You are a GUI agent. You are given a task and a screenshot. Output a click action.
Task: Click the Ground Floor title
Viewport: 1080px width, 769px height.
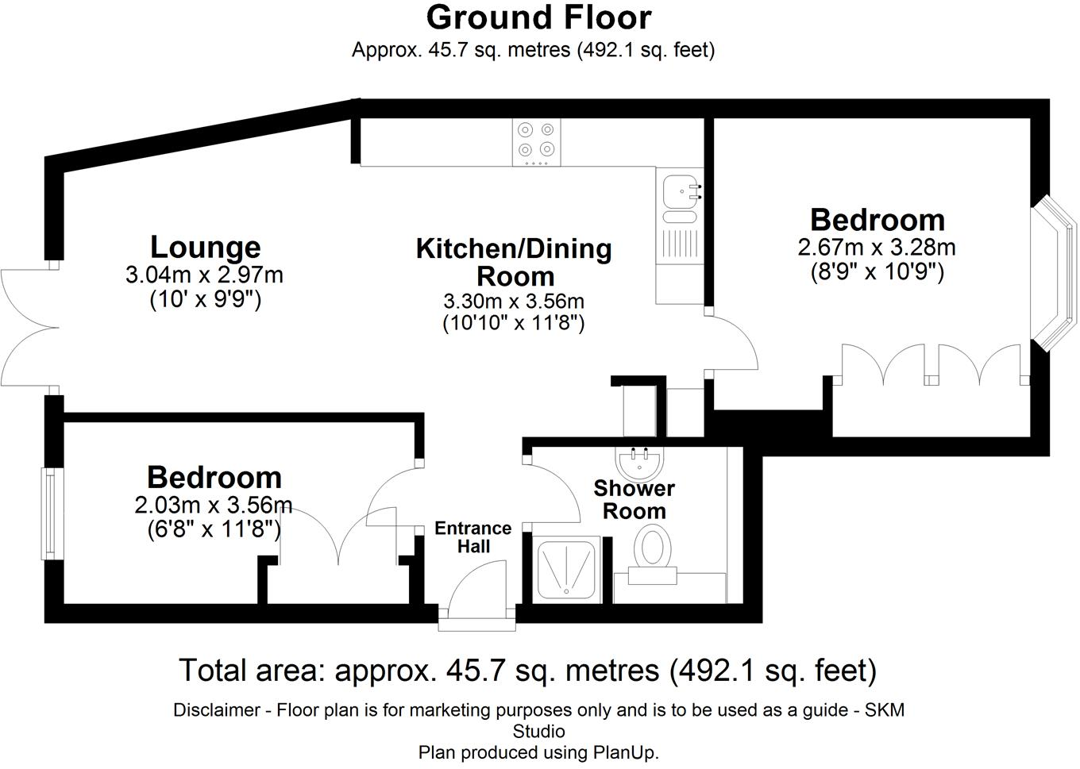(538, 17)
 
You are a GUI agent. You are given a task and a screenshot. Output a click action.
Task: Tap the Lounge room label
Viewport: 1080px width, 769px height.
(205, 247)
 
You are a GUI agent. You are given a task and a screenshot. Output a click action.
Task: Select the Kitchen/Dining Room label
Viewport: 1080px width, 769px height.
(514, 262)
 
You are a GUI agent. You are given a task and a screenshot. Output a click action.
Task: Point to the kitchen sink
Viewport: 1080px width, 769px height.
(680, 191)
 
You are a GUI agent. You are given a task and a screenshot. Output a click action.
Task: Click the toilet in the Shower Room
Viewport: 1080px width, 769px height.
(653, 549)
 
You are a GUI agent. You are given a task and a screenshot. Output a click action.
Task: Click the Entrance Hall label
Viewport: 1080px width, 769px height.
(473, 537)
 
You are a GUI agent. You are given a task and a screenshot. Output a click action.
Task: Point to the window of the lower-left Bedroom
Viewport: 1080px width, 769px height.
(49, 513)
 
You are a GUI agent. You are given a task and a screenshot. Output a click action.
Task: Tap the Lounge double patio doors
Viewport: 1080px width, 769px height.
(28, 327)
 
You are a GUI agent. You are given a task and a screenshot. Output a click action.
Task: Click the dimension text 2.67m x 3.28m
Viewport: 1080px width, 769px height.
(877, 248)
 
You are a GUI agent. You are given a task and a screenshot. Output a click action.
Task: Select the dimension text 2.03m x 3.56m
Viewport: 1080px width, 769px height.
(214, 506)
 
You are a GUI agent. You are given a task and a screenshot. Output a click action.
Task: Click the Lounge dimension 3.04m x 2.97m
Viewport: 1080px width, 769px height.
(204, 275)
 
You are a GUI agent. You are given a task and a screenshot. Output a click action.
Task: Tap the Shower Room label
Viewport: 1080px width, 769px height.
(634, 499)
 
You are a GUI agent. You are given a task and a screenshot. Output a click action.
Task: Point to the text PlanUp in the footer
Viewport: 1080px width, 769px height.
(623, 752)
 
